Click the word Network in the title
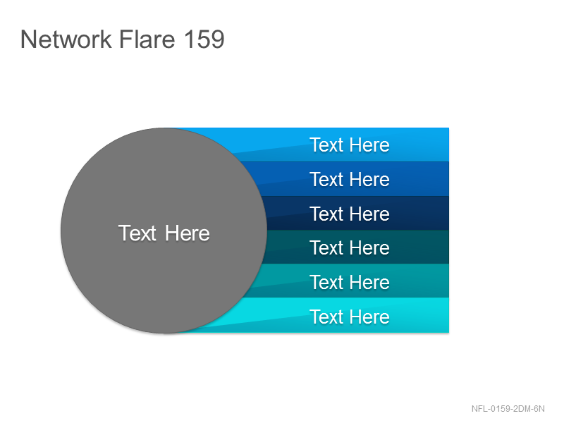(66, 39)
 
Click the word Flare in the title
(147, 39)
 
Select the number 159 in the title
(204, 39)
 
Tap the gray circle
(164, 231)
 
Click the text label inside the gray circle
(164, 233)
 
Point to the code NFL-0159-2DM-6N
(508, 409)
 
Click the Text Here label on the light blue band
(350, 145)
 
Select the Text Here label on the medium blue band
(350, 179)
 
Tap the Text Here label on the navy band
(350, 214)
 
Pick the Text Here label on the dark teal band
(350, 248)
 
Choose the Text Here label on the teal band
(350, 283)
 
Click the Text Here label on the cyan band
(350, 317)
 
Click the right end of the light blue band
(448, 145)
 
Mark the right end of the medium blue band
(448, 179)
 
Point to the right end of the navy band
(448, 213)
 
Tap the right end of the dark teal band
(448, 247)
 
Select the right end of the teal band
(448, 281)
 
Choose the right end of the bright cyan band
(448, 315)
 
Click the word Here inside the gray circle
(188, 233)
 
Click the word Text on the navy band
(326, 214)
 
